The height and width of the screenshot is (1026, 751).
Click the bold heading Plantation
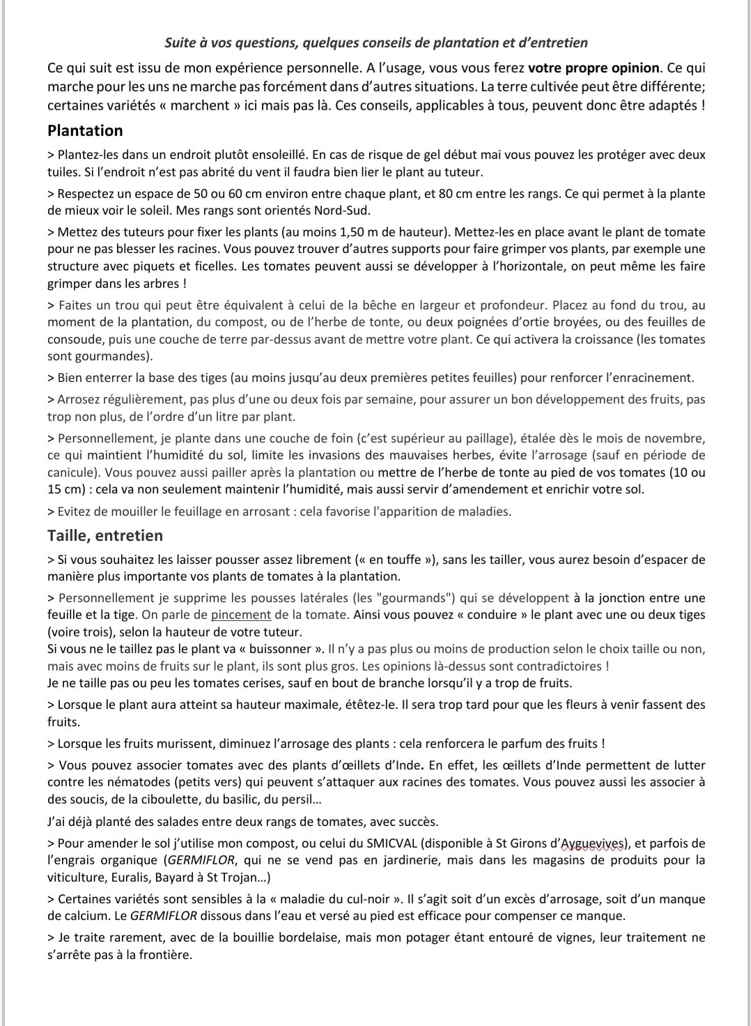pos(85,130)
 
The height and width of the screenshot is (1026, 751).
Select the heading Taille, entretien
pos(105,535)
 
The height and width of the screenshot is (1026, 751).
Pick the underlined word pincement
pos(241,615)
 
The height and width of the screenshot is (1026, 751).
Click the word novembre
pos(675,438)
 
